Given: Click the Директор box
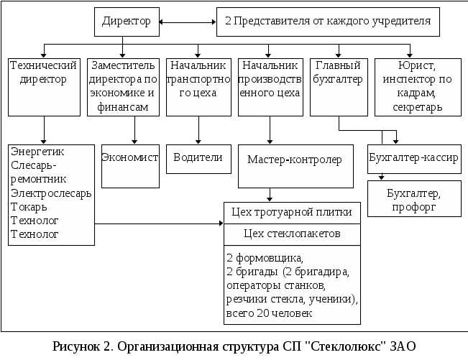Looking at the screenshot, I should tap(126, 22).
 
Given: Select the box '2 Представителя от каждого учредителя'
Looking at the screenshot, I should tap(328, 22).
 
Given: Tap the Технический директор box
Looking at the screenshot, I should tap(45, 86).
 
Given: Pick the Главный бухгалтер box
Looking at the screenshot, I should tap(339, 86).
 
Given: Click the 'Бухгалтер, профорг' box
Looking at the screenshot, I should tap(413, 198).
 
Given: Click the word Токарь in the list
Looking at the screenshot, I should tap(29, 207).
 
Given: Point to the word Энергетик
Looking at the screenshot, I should tap(37, 152).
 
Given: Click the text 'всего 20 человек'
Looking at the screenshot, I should tap(269, 314).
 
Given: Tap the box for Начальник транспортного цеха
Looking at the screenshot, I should tap(198, 86).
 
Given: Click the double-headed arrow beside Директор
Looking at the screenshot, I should tap(186, 22).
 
